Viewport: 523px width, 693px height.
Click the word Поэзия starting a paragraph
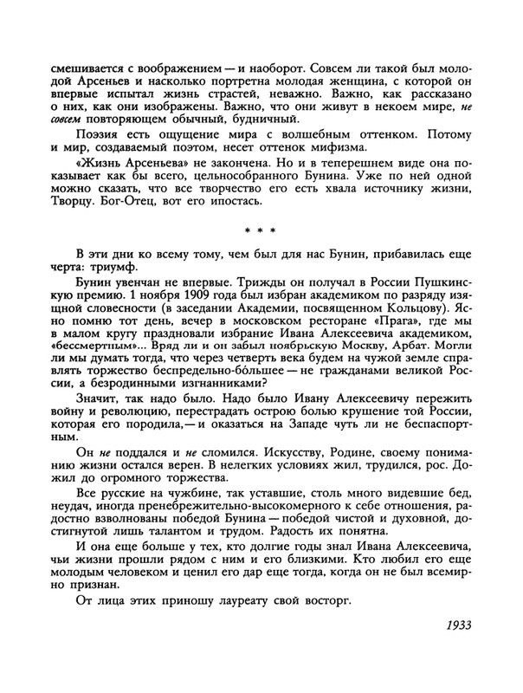(100, 141)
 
